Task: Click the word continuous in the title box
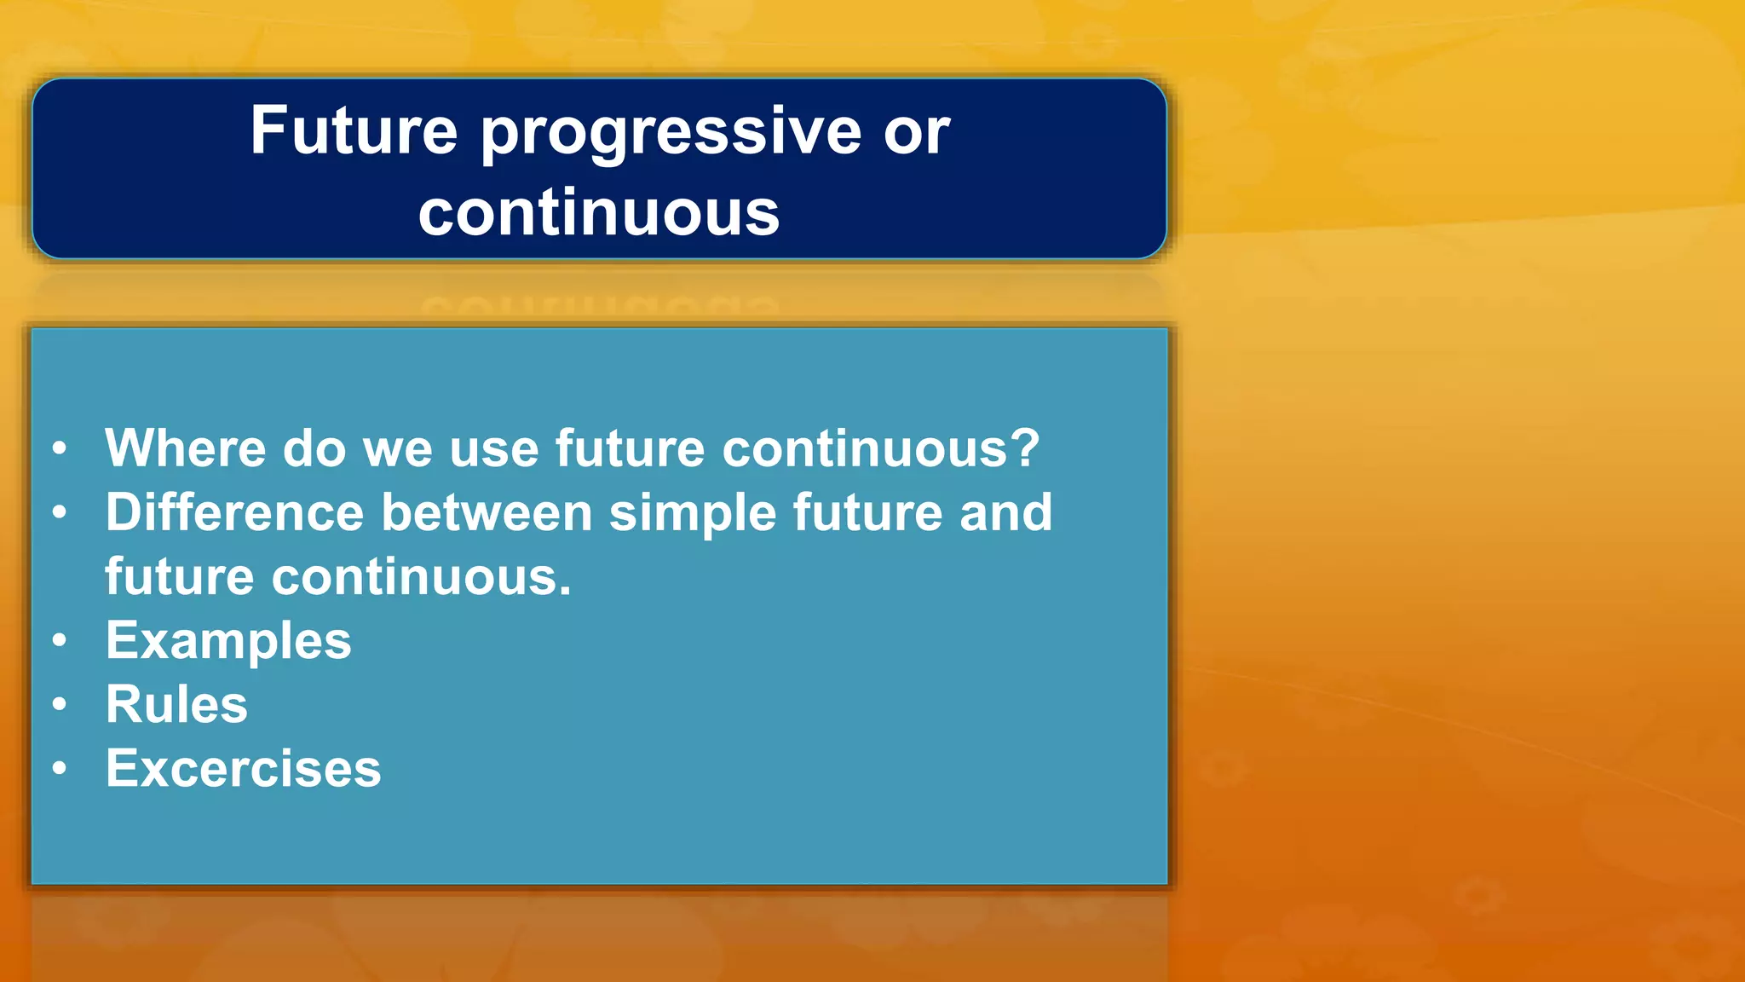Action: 598,213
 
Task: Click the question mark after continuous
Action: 1024,448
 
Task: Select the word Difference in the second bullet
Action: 234,512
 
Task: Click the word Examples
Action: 227,641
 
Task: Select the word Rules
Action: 176,705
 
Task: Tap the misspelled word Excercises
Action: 243,769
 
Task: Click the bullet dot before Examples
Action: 59,640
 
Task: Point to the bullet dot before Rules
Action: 59,704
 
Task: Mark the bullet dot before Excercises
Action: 59,768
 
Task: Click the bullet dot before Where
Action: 59,448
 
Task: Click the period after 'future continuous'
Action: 564,592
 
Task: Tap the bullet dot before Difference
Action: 59,512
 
